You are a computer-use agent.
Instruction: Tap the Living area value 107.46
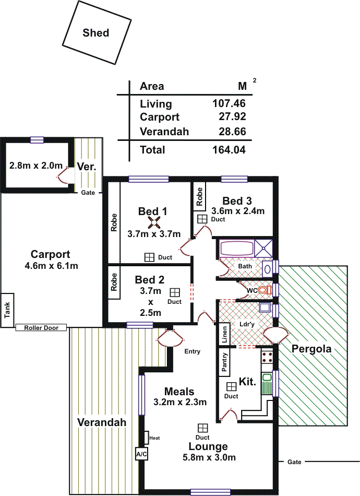[229, 103]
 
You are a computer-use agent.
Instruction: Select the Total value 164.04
[229, 150]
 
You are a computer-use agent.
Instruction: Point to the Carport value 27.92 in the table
[232, 116]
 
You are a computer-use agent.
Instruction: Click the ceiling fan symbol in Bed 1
[154, 225]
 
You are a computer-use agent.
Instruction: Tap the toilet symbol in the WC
[265, 290]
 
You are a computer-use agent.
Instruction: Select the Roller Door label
[41, 328]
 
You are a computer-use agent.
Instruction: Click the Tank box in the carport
[7, 310]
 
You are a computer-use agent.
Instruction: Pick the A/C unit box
[141, 454]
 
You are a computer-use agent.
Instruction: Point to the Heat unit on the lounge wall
[146, 438]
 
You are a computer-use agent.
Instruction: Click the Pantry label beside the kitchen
[224, 362]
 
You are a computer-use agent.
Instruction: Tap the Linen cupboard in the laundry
[224, 334]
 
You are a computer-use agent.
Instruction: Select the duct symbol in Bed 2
[175, 292]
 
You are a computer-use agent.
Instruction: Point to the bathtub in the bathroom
[236, 249]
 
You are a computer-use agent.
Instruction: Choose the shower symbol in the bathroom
[263, 249]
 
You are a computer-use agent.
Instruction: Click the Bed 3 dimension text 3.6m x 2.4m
[238, 211]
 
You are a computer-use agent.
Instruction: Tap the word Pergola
[311, 349]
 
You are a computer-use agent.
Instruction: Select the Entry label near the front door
[192, 351]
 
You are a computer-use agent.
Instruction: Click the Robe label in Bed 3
[199, 197]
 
